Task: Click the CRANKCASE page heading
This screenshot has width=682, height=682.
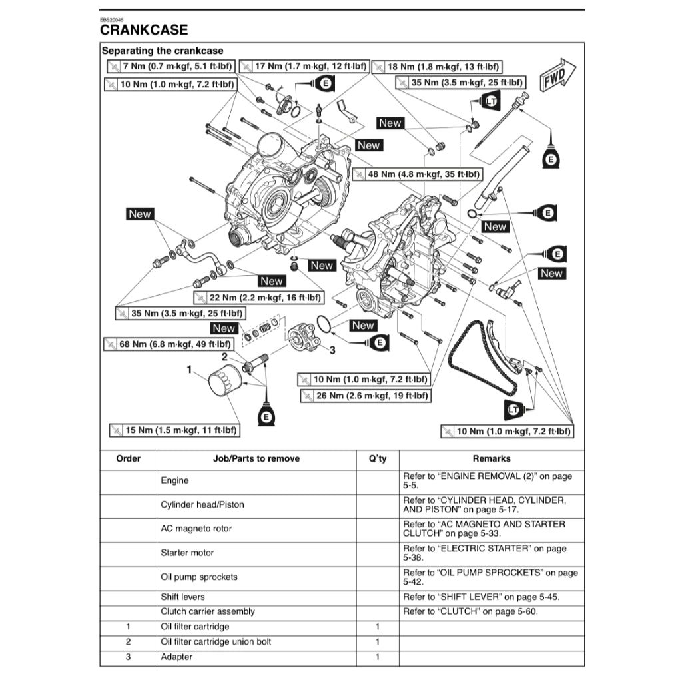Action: pos(144,29)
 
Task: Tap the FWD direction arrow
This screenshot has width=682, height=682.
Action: pos(557,74)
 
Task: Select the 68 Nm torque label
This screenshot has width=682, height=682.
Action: pos(168,344)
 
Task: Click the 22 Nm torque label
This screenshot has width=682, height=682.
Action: pos(258,298)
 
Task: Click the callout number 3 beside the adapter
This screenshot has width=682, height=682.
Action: pos(332,349)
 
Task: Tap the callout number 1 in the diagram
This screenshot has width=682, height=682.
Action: pos(189,369)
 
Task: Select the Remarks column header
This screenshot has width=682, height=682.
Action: pos(492,458)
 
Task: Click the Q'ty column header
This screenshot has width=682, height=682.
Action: pos(377,458)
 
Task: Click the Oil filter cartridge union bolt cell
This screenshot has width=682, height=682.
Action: pos(216,642)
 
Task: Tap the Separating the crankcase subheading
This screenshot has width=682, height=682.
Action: pos(163,51)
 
